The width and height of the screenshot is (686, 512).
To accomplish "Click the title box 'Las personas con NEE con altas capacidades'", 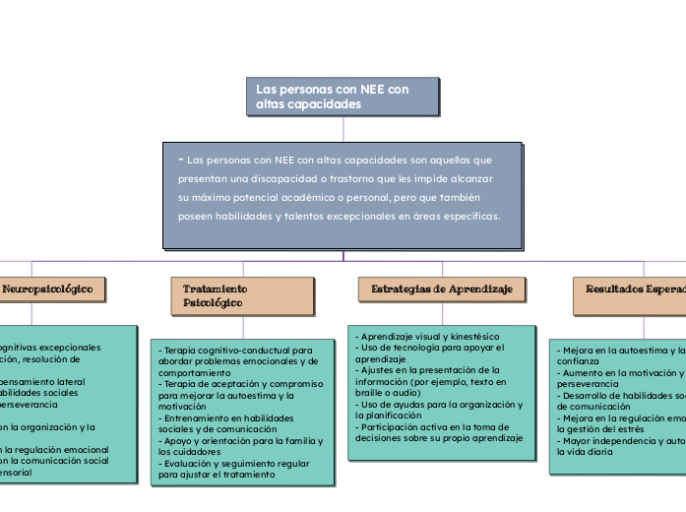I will [x=343, y=96].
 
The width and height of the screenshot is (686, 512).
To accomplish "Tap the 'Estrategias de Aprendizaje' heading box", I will [x=441, y=289].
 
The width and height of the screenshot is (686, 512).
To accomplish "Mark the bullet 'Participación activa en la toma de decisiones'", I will [x=439, y=432].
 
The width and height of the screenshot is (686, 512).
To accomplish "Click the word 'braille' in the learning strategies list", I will [x=372, y=392].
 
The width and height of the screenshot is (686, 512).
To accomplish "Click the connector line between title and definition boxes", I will [x=343, y=128].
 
